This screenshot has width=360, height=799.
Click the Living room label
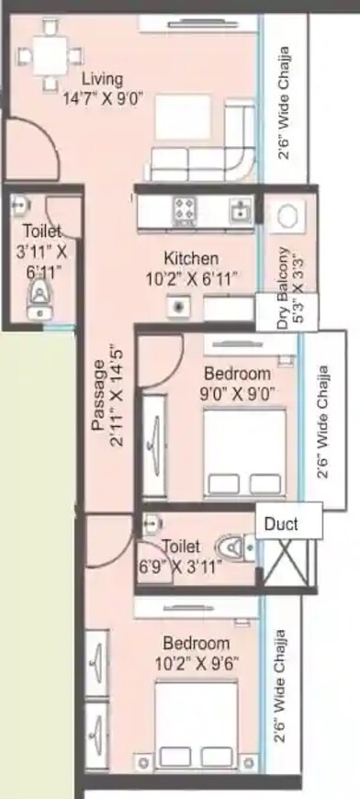100,79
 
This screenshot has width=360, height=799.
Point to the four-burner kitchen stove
185,211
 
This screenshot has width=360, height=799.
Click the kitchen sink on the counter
241,211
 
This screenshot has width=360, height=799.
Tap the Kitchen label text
191,258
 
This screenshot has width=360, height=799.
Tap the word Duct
280,524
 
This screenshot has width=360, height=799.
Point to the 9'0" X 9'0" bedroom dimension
237,394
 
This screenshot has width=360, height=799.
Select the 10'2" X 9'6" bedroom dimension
196,661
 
